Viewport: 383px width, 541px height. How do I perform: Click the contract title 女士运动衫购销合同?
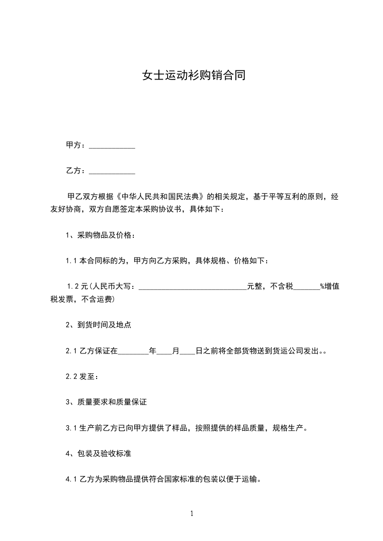[x=194, y=76]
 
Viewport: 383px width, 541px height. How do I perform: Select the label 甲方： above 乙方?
[x=76, y=145]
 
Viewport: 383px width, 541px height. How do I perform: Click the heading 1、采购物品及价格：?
[x=100, y=235]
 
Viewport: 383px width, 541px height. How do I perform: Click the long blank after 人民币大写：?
[x=193, y=287]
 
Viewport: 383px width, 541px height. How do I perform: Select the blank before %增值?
[x=307, y=287]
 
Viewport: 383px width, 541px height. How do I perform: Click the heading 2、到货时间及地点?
[x=99, y=325]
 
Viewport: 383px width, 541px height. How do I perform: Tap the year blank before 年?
[x=133, y=352]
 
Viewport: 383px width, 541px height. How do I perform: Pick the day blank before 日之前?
[x=187, y=352]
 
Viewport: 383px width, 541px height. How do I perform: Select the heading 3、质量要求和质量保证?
[x=110, y=402]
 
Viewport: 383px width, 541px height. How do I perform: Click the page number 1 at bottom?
[x=192, y=514]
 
